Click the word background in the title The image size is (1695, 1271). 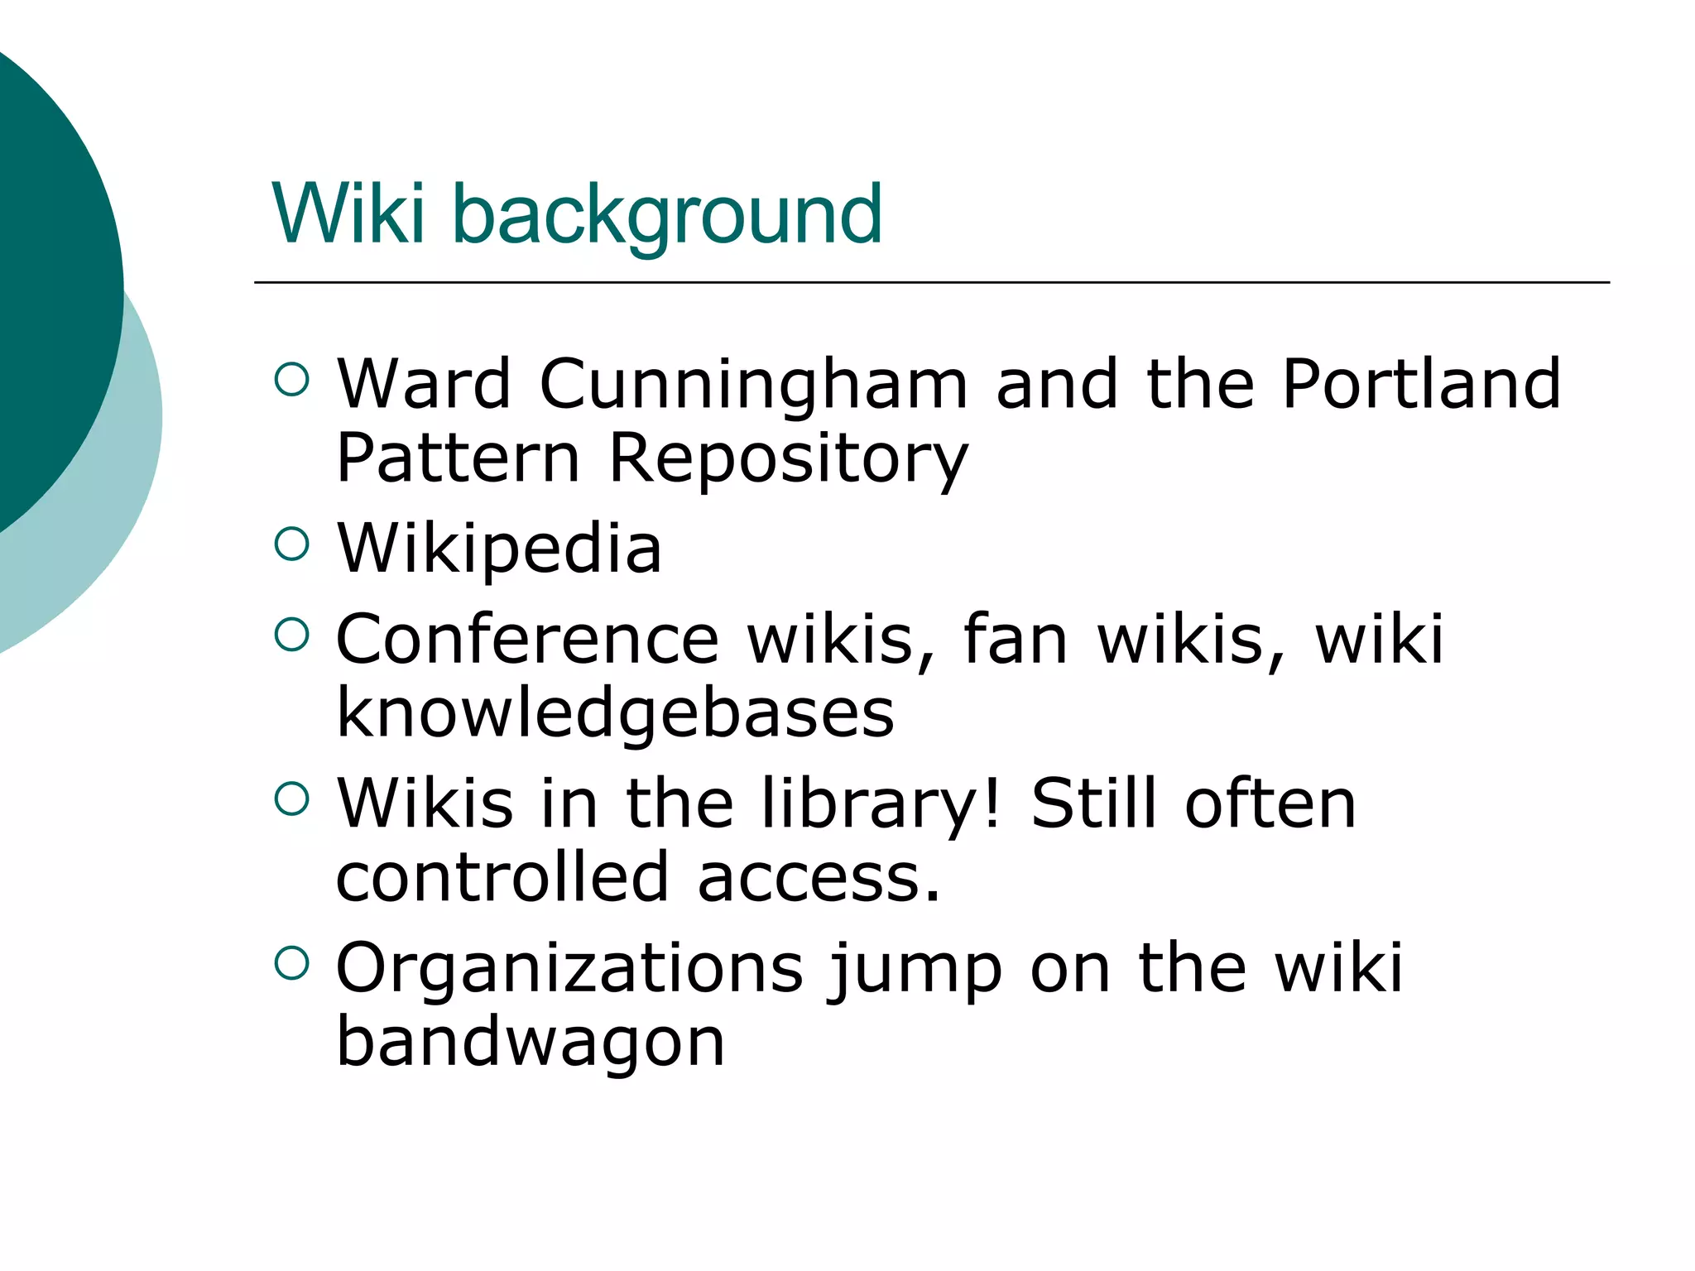[x=667, y=215]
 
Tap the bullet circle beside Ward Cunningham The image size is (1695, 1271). [x=291, y=380]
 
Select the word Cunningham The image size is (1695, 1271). [x=753, y=385]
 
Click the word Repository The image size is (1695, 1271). [x=788, y=459]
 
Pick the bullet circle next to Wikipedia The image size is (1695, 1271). [x=291, y=544]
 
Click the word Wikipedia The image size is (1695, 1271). [x=499, y=549]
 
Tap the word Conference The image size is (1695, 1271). [x=527, y=639]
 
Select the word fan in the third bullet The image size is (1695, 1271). [x=1016, y=639]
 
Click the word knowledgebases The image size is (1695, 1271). [x=615, y=713]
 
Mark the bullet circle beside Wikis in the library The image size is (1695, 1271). [x=291, y=799]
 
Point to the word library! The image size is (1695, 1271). [x=881, y=803]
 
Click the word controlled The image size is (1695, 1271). [x=502, y=876]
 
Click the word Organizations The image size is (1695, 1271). [x=569, y=967]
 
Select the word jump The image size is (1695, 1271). [x=916, y=969]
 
